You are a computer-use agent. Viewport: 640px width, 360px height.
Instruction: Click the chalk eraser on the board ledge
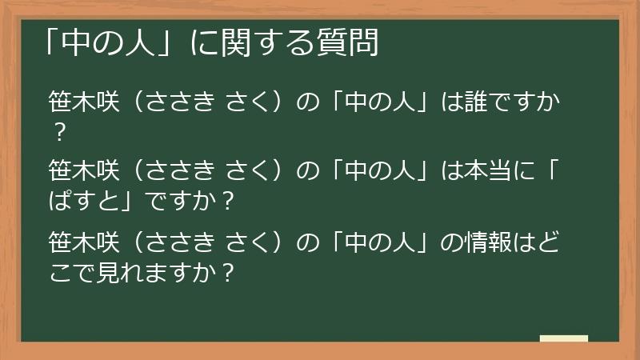click(563, 339)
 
